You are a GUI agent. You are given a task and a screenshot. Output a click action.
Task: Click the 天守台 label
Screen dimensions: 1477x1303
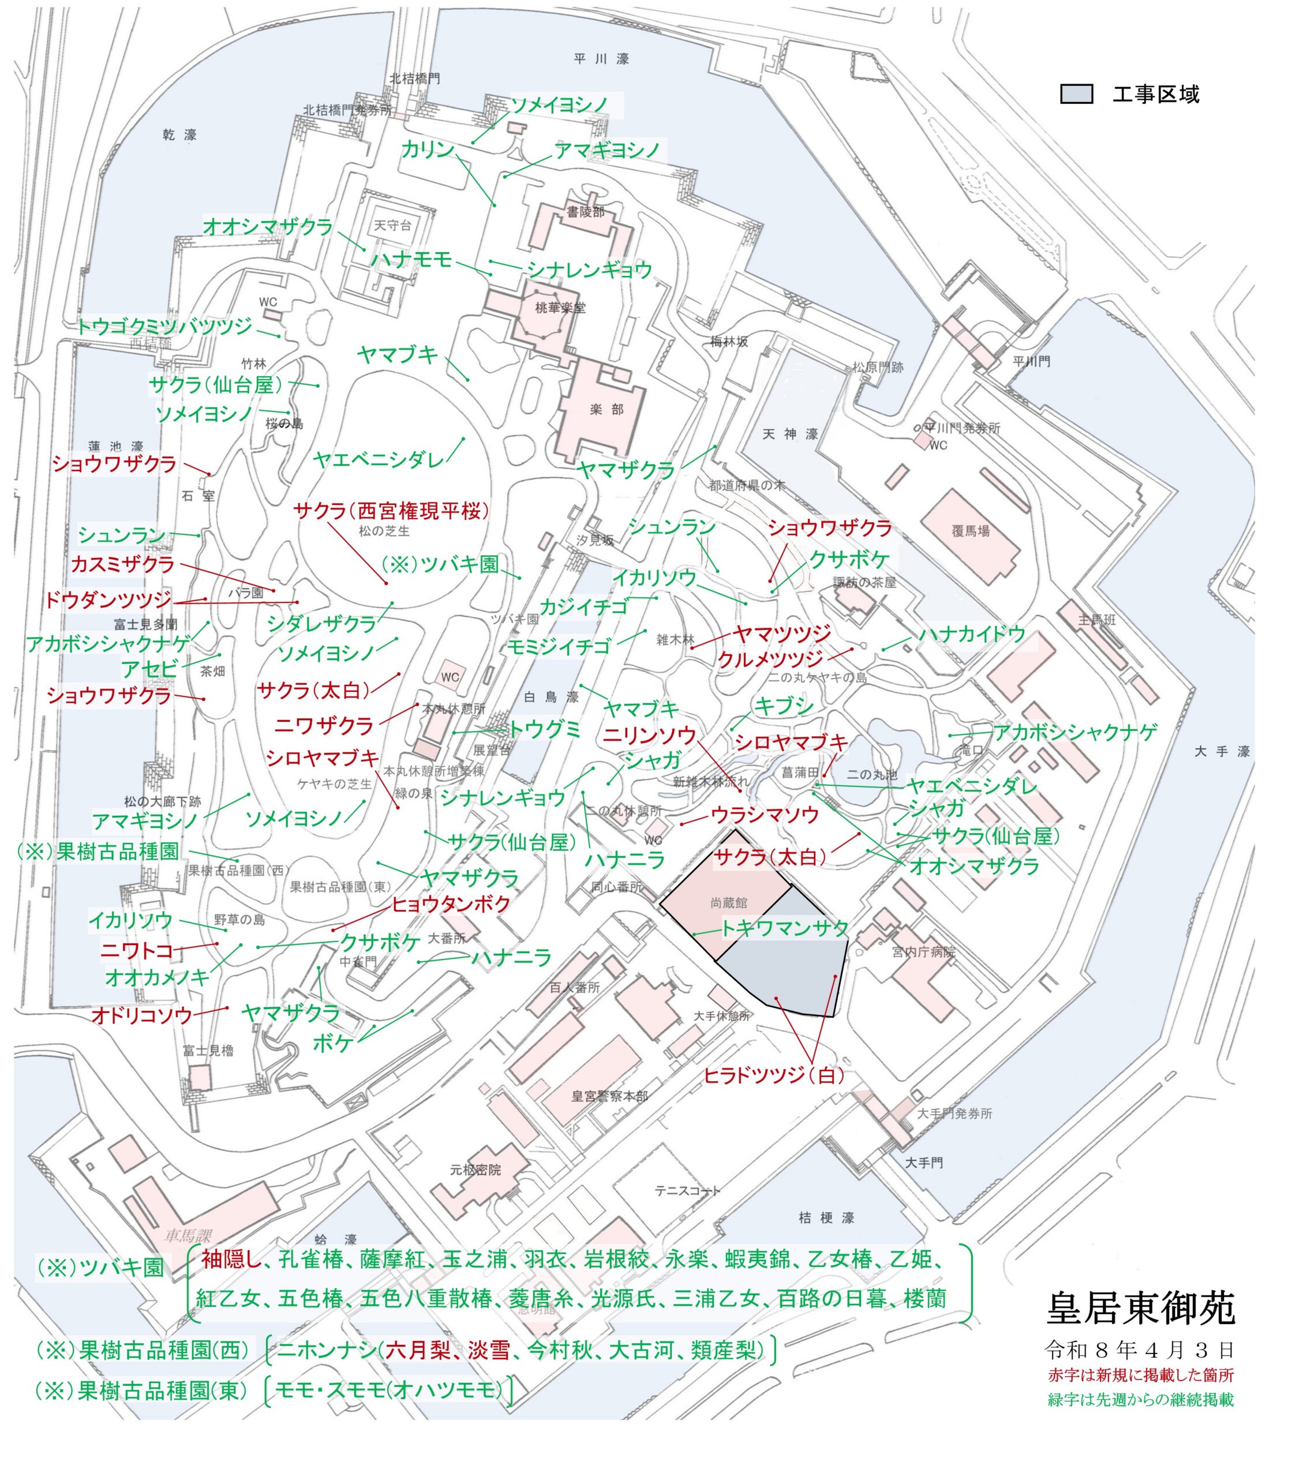tap(392, 226)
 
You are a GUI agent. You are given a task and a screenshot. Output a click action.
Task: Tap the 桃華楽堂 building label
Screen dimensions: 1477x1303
tap(560, 308)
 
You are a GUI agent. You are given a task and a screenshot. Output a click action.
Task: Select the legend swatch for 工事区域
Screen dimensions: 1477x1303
tap(1076, 95)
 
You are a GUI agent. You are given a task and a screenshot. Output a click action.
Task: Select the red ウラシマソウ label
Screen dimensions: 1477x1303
tap(765, 815)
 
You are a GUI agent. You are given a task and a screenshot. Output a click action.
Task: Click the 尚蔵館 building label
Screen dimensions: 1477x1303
tap(728, 904)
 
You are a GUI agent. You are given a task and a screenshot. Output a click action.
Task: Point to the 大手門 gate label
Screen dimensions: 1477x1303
tap(924, 1163)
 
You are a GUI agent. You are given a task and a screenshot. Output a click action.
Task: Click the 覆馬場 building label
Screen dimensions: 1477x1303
tap(970, 531)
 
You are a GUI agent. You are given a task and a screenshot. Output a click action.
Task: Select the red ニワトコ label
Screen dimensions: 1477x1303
tap(137, 950)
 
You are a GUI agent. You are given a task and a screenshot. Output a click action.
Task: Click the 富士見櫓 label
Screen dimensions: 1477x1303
tap(208, 1051)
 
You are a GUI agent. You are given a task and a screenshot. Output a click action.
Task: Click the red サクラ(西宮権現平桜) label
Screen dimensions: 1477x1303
tap(391, 511)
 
